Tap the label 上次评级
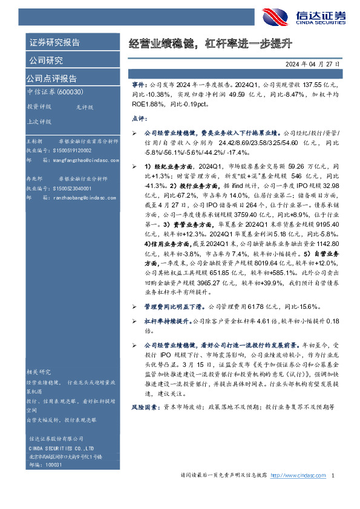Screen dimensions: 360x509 point(39,121)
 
